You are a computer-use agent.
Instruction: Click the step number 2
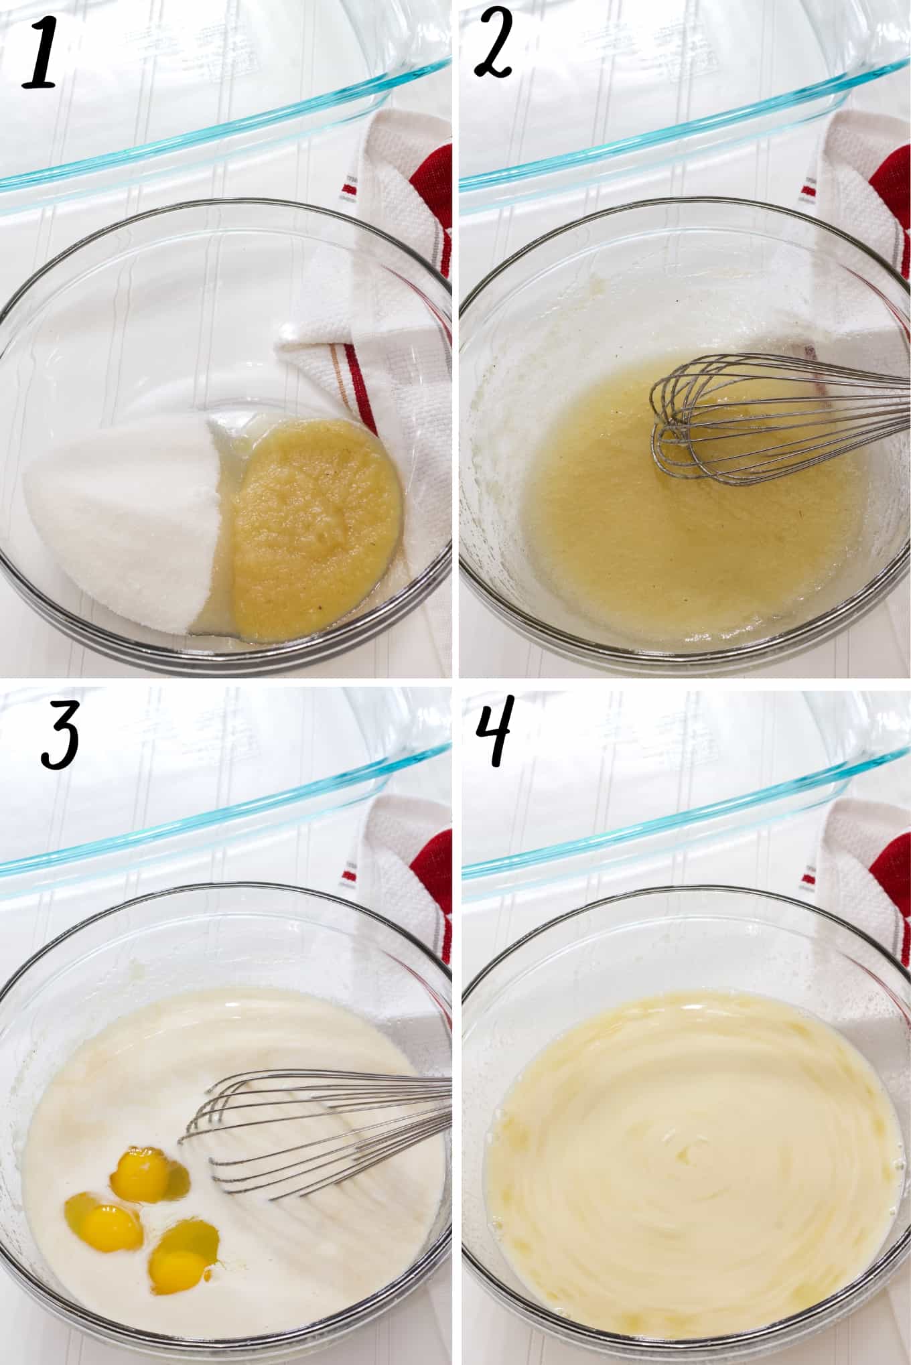coord(494,50)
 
